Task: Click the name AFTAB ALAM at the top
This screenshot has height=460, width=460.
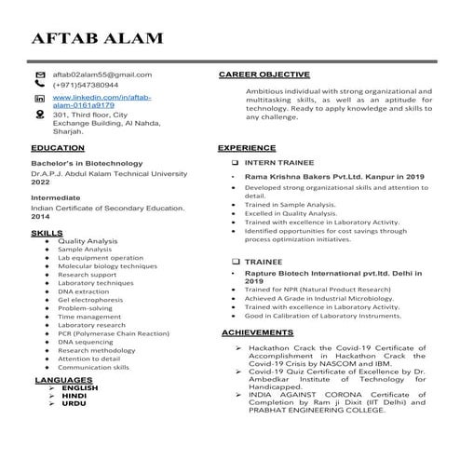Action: coord(97,39)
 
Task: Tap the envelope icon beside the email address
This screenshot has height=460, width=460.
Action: coord(39,74)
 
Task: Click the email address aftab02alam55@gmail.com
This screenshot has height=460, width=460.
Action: coord(101,74)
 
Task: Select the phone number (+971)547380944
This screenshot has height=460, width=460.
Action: coord(85,85)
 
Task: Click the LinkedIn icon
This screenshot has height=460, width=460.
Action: coord(39,99)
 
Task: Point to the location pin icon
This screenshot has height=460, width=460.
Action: coord(39,115)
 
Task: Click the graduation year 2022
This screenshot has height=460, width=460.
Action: coord(41,183)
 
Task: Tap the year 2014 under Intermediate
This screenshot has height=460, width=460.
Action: coord(41,216)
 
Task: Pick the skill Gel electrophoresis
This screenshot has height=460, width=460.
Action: coord(92,300)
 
